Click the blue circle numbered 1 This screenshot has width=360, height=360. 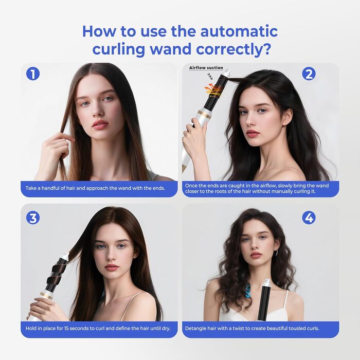(x=32, y=74)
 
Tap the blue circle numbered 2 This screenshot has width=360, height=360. (x=309, y=74)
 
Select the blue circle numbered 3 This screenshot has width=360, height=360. (x=32, y=218)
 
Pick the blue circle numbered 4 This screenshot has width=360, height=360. (x=309, y=218)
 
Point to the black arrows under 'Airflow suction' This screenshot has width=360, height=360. (x=210, y=75)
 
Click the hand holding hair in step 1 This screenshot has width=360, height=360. (x=53, y=149)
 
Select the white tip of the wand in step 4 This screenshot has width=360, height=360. (x=266, y=282)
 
